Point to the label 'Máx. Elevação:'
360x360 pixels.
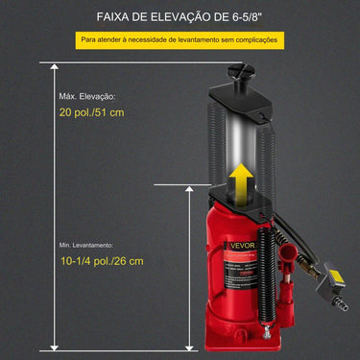click(x=85, y=96)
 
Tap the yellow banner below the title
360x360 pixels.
click(x=180, y=40)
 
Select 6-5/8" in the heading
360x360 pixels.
click(x=265, y=15)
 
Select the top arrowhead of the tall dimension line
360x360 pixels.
click(x=54, y=65)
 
